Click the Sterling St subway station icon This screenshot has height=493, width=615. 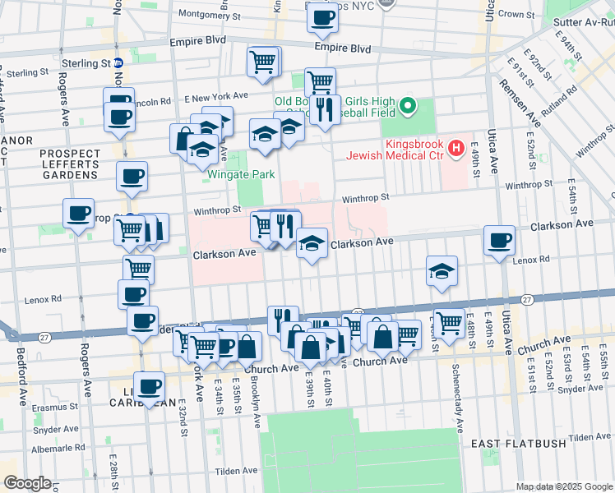click(119, 62)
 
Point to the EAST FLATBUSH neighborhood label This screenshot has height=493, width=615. click(519, 444)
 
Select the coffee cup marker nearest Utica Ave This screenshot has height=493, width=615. click(500, 242)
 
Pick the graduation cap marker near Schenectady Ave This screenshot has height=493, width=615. click(442, 270)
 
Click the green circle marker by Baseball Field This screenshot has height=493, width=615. click(409, 106)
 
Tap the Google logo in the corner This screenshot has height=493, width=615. click(26, 483)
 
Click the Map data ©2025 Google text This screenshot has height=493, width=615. click(563, 486)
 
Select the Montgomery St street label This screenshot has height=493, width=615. click(209, 14)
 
